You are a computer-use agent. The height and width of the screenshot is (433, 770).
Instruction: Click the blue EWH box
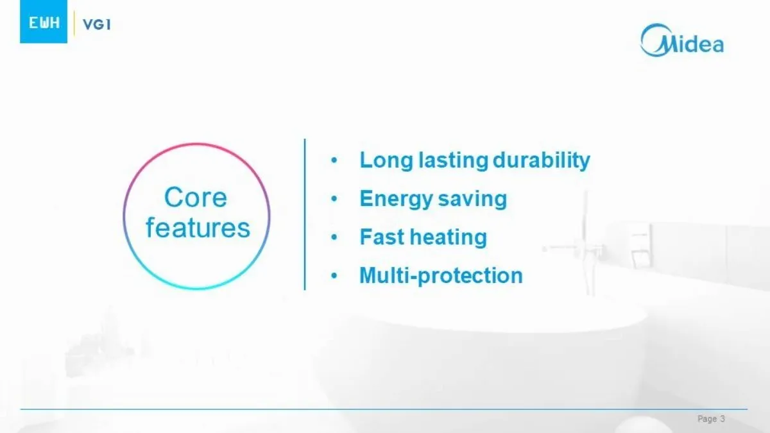(44, 22)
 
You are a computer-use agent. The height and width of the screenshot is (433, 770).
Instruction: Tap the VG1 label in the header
(97, 24)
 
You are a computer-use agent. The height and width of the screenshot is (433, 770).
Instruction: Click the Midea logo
(682, 40)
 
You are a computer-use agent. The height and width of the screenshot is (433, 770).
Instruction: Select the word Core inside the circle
(196, 198)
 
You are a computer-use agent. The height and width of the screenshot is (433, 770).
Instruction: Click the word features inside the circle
(198, 228)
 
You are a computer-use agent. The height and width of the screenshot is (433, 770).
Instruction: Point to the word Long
(386, 160)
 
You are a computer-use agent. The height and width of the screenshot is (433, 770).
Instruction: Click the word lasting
(453, 160)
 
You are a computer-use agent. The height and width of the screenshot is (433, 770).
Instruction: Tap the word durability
(542, 160)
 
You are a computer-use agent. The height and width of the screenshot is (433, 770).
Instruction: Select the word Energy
(396, 199)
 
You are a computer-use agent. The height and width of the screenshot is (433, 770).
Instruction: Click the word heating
(449, 237)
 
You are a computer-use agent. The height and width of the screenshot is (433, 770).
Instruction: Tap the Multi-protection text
(441, 276)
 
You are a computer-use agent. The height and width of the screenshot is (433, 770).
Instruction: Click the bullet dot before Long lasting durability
(334, 160)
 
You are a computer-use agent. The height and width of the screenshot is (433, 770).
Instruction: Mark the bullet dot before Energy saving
(334, 199)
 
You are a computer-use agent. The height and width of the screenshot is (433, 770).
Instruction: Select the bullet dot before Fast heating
(334, 237)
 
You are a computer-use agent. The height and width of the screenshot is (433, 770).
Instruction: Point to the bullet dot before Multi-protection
(334, 276)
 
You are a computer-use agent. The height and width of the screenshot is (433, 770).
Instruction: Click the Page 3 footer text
(711, 418)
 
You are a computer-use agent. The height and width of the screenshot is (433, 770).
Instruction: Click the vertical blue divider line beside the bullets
(305, 214)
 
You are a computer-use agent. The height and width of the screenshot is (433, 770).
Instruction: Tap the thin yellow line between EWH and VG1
(74, 23)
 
